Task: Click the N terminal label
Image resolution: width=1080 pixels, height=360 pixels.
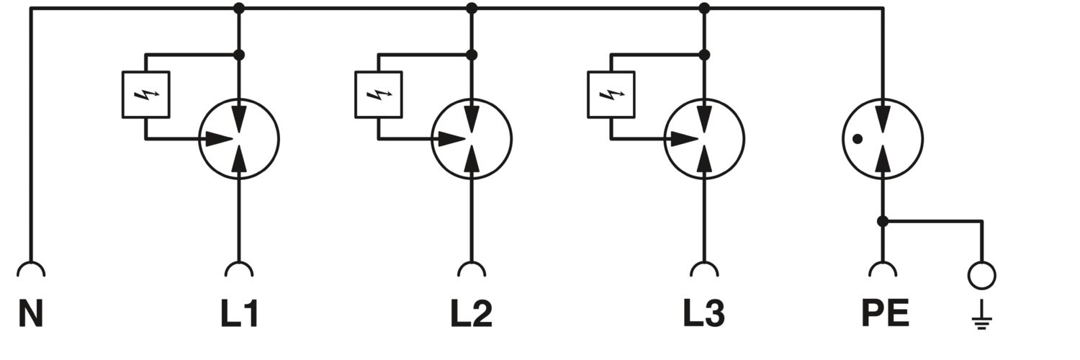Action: [31, 314]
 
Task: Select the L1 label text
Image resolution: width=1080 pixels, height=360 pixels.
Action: [239, 314]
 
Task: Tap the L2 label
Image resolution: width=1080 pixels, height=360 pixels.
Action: [472, 314]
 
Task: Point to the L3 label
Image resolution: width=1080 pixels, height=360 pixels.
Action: [704, 314]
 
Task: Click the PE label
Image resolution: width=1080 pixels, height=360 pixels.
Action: [885, 314]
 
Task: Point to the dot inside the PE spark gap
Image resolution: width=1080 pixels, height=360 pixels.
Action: [858, 139]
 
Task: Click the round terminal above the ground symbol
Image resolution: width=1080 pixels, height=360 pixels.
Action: [981, 261]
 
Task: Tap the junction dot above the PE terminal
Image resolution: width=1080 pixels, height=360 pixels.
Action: [883, 222]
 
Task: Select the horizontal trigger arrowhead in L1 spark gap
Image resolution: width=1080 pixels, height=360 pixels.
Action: [220, 139]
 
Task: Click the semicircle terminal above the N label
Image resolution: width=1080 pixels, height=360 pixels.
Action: [31, 263]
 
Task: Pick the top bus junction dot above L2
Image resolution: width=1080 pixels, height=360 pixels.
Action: [472, 8]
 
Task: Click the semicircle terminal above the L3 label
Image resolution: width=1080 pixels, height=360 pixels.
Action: [704, 263]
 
